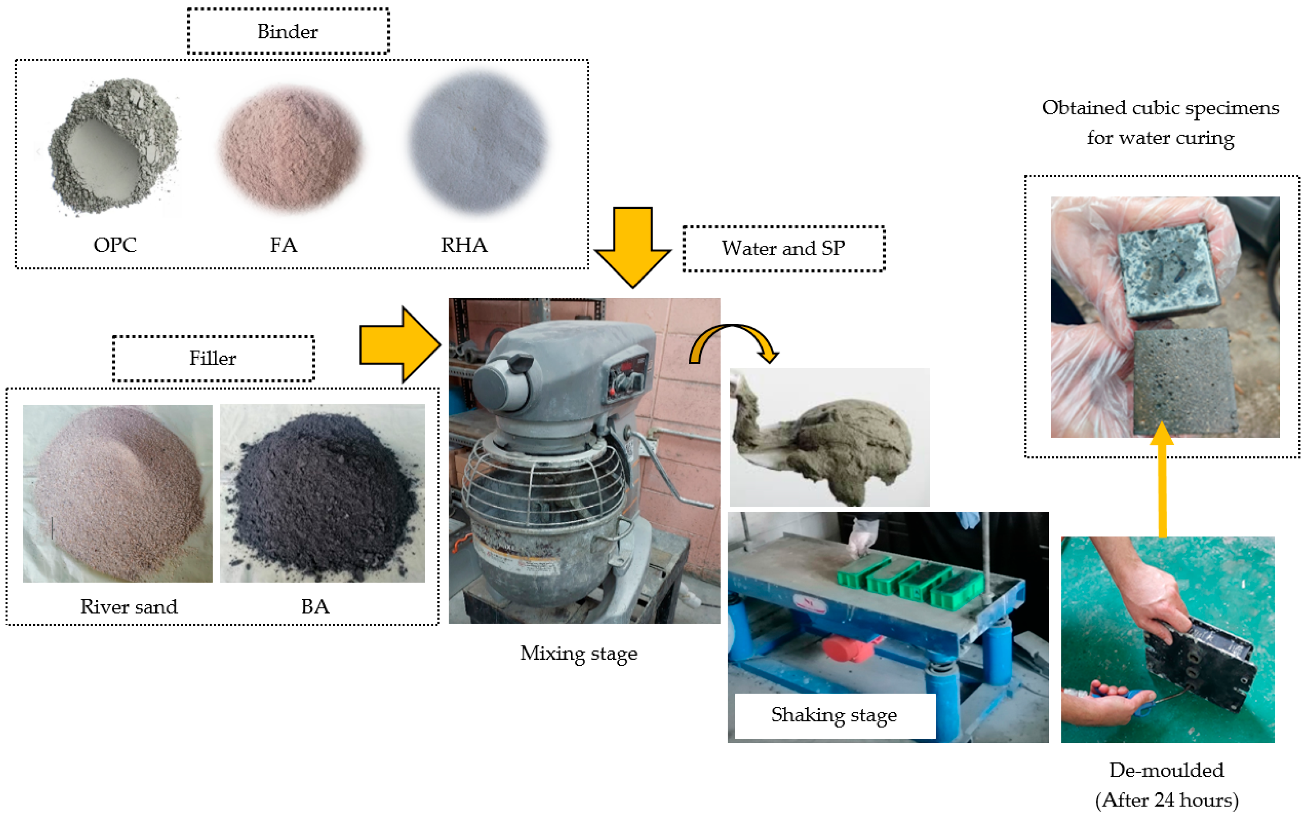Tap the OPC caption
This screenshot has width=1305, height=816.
pos(115,245)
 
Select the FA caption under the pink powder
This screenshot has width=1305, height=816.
pos(283,245)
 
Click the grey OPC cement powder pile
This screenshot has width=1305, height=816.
pos(113,146)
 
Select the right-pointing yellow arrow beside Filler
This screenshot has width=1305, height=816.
pos(399,345)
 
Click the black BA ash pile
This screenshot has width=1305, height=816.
pos(324,496)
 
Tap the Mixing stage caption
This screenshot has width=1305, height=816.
pos(579,653)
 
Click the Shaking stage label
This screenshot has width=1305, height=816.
pos(834,715)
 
